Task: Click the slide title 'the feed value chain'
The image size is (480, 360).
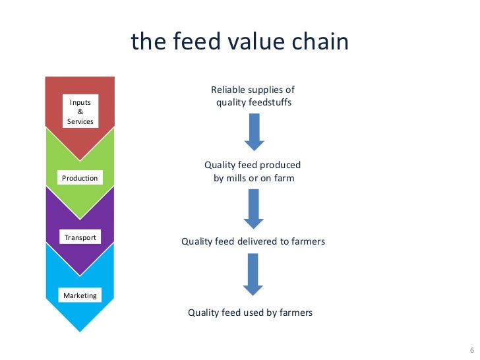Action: [x=239, y=42]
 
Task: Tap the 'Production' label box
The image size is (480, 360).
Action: [x=80, y=178]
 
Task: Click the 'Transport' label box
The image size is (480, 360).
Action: [x=80, y=237]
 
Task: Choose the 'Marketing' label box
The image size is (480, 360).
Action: [x=80, y=295]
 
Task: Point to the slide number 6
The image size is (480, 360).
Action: [x=471, y=349]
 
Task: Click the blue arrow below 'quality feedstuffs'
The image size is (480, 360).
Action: [x=254, y=132]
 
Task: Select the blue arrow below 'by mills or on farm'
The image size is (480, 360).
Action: [x=254, y=209]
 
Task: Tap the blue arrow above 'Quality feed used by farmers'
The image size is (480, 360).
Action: [x=254, y=274]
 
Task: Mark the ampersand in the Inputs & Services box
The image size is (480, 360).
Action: [x=80, y=111]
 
